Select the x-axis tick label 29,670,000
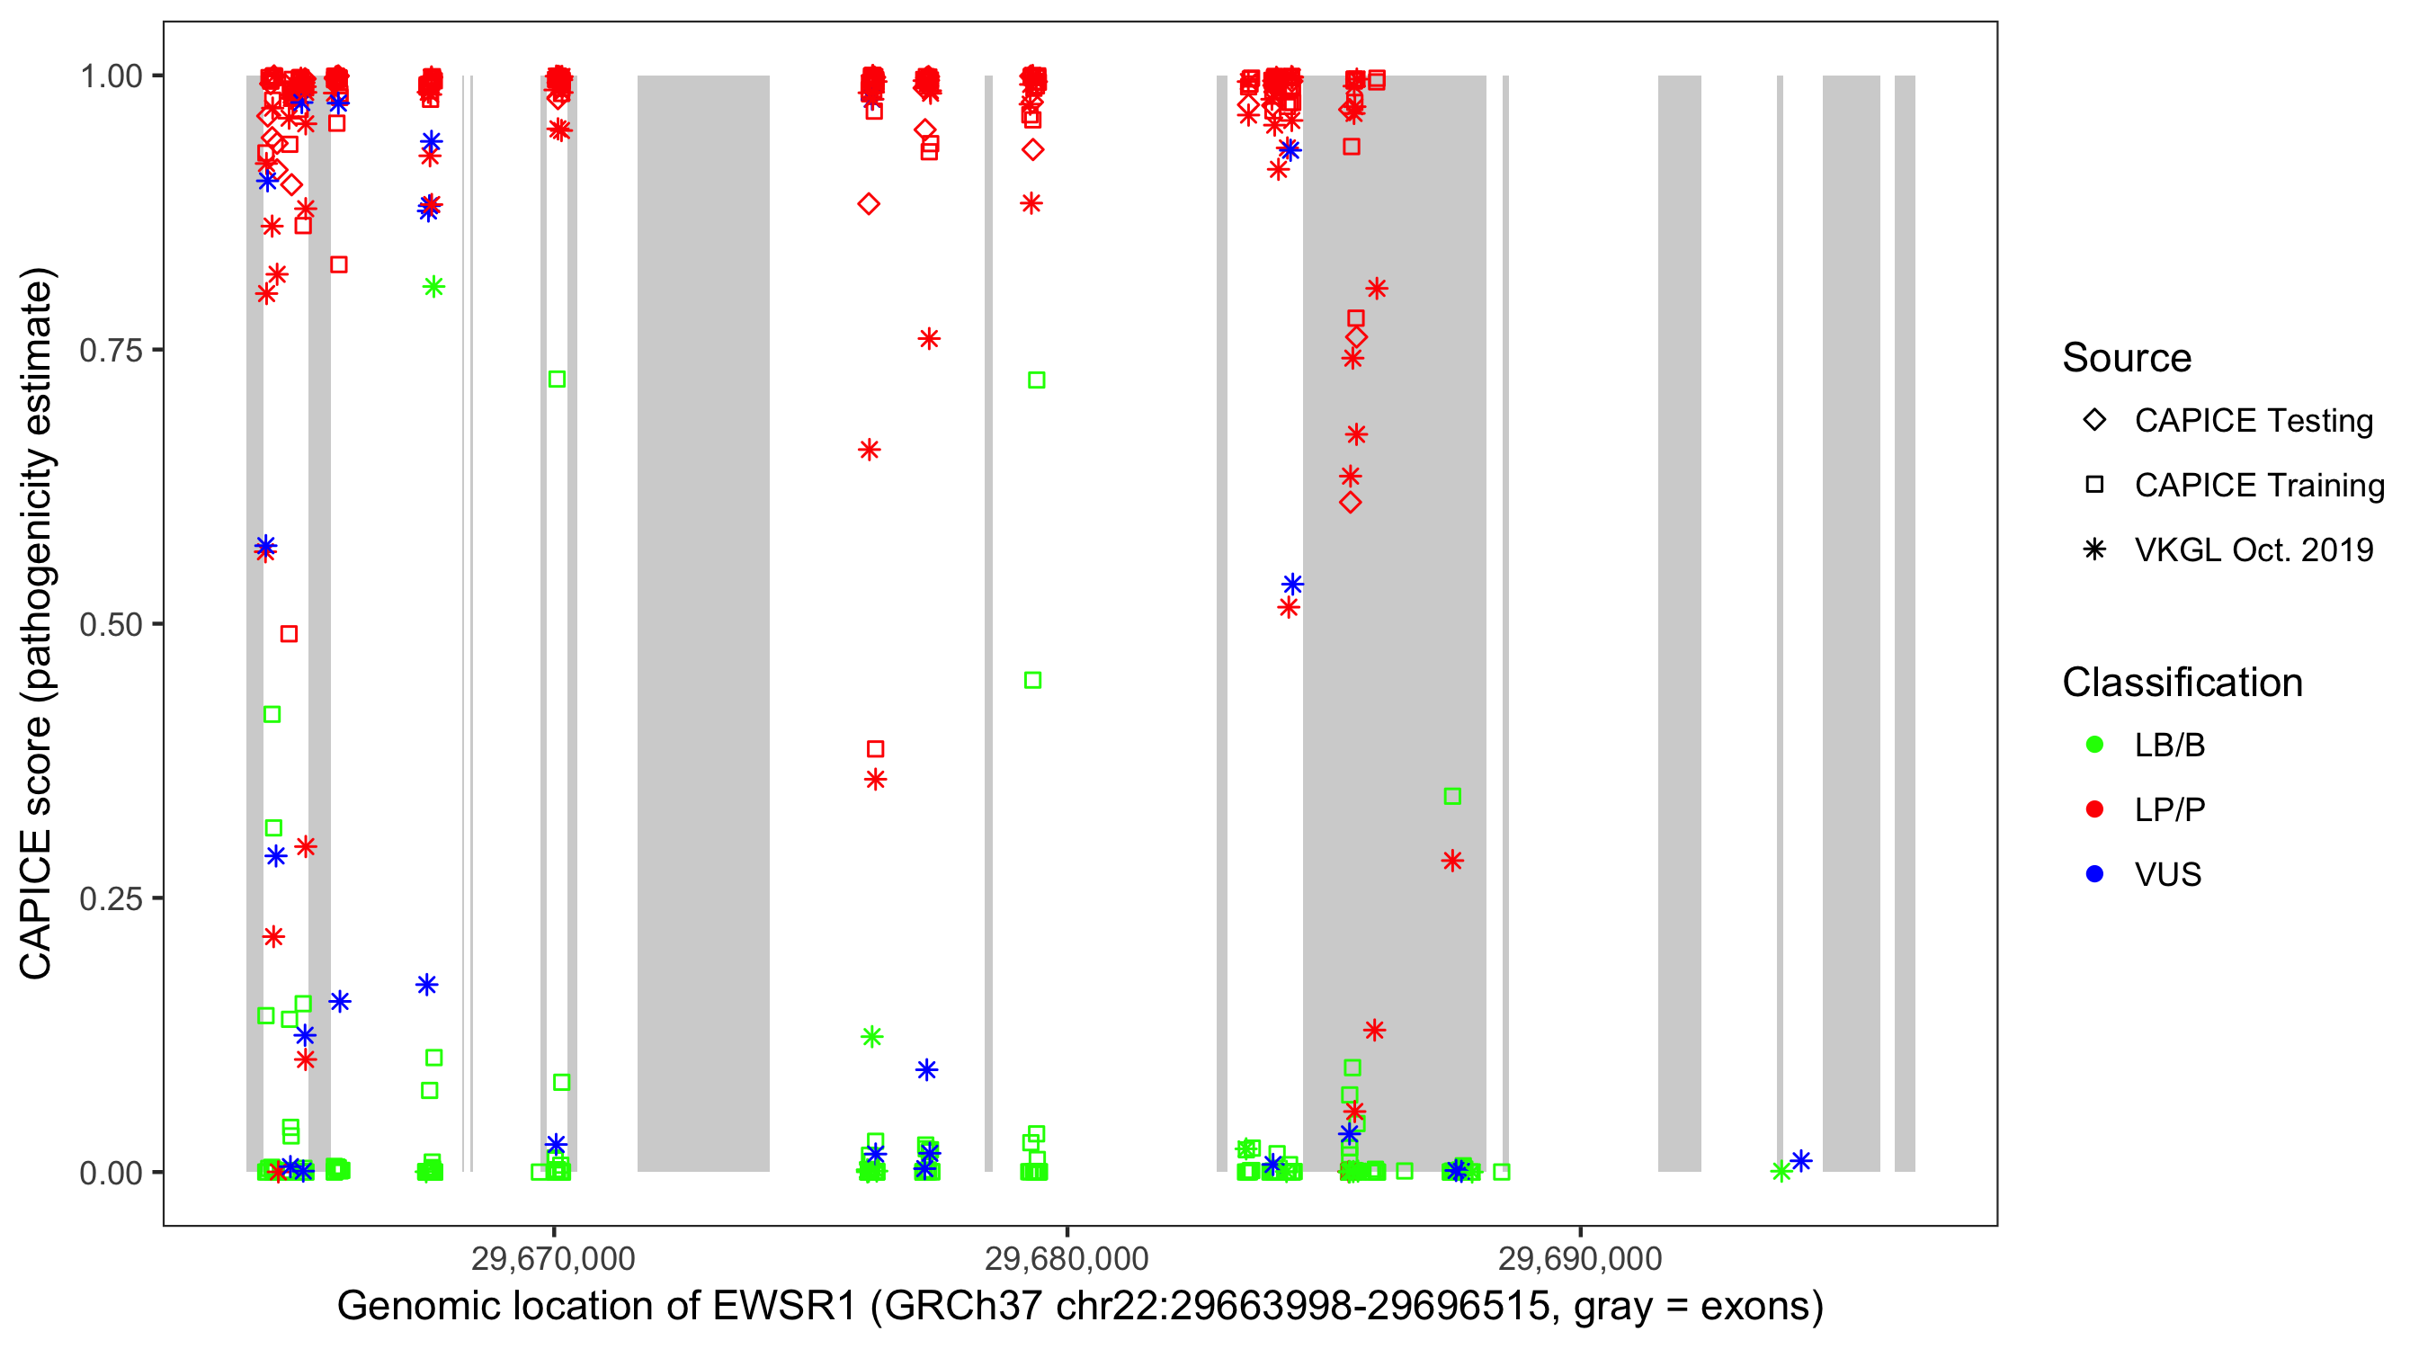pyautogui.click(x=553, y=1258)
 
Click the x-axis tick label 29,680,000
pyautogui.click(x=1066, y=1258)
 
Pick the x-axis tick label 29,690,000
pyautogui.click(x=1580, y=1258)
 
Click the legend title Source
pyautogui.click(x=2127, y=358)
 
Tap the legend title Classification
pyautogui.click(x=2182, y=683)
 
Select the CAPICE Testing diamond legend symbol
pyautogui.click(x=2094, y=421)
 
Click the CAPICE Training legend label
pyautogui.click(x=2259, y=486)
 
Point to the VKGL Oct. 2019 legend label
pyautogui.click(x=2254, y=550)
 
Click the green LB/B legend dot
pyautogui.click(x=2094, y=745)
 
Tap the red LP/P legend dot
pyautogui.click(x=2094, y=809)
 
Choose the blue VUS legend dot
pyautogui.click(x=2094, y=875)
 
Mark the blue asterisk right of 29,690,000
pyautogui.click(x=1800, y=1160)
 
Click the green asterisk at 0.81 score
pyautogui.click(x=433, y=288)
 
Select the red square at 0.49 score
pyautogui.click(x=290, y=634)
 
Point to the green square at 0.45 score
pyautogui.click(x=1033, y=681)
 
